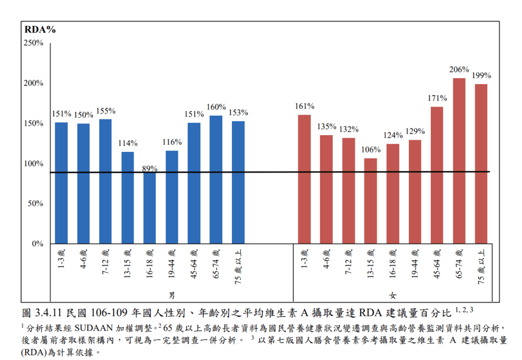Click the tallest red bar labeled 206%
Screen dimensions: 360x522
coord(459,161)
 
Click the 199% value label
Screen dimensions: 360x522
coord(481,75)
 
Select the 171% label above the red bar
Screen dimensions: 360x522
coord(437,98)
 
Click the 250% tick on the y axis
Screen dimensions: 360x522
coord(34,43)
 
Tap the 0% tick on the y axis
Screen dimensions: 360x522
coord(37,244)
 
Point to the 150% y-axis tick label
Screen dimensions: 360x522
coord(34,123)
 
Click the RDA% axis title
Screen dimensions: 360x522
coord(40,30)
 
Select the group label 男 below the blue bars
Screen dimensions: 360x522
coord(172,295)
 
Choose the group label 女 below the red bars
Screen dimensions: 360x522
coord(393,295)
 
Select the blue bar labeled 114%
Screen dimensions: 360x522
coord(127,197)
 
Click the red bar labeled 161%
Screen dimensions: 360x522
coord(304,179)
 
